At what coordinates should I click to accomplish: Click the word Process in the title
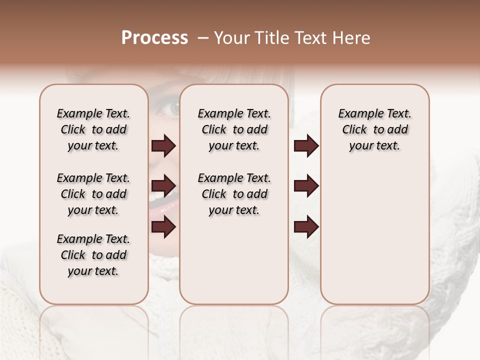point(154,38)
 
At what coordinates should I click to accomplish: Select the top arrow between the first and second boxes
point(163,146)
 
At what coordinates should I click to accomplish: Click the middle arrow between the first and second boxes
point(163,186)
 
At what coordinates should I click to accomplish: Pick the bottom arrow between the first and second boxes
point(163,227)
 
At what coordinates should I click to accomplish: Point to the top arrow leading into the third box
point(306,146)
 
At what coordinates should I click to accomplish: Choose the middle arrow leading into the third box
point(306,186)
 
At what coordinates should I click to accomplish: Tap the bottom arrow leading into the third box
point(306,227)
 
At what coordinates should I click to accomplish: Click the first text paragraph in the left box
point(93,129)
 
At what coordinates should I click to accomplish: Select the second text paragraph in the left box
point(93,194)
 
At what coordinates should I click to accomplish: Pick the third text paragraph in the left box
point(93,255)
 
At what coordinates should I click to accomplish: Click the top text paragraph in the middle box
point(234,129)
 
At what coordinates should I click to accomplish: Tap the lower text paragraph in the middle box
point(234,194)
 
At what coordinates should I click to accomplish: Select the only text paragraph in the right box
point(374,129)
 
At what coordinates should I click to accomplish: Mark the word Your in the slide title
point(232,38)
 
